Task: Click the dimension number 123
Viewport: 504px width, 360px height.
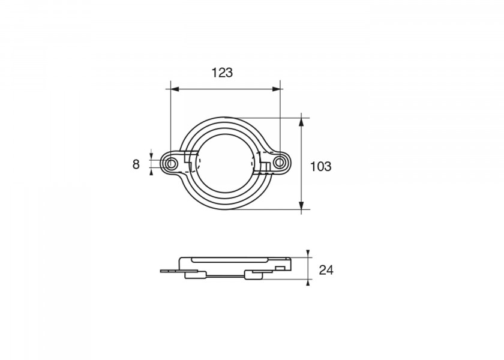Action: [x=222, y=73]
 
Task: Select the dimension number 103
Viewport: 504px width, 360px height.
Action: [x=320, y=167]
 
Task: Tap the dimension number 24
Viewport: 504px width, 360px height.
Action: [x=326, y=270]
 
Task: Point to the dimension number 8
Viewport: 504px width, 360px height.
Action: [x=136, y=164]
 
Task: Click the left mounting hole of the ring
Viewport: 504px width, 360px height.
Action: [x=172, y=164]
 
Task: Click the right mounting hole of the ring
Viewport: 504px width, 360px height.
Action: [x=280, y=162]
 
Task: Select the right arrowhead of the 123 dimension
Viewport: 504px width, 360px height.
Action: [x=276, y=89]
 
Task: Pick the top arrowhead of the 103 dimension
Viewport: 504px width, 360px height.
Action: [x=301, y=122]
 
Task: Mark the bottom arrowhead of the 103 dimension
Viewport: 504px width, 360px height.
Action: [x=301, y=205]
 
